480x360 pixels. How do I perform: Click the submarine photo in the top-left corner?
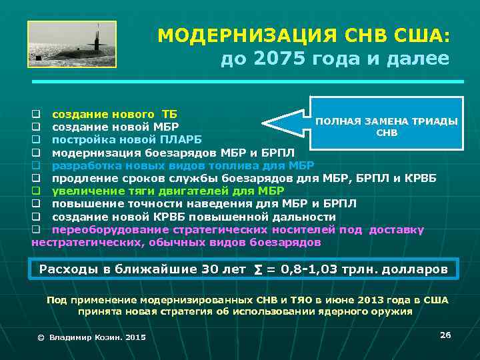pyautogui.click(x=72, y=44)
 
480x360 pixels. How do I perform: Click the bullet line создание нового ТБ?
pyautogui.click(x=115, y=111)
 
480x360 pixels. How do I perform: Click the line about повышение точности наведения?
pyautogui.click(x=204, y=204)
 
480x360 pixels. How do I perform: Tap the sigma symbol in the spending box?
pyautogui.click(x=258, y=269)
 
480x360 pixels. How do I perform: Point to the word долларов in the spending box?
pyautogui.click(x=419, y=269)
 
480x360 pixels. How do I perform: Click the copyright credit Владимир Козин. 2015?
pyautogui.click(x=91, y=337)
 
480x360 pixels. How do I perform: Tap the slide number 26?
pyautogui.click(x=445, y=334)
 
